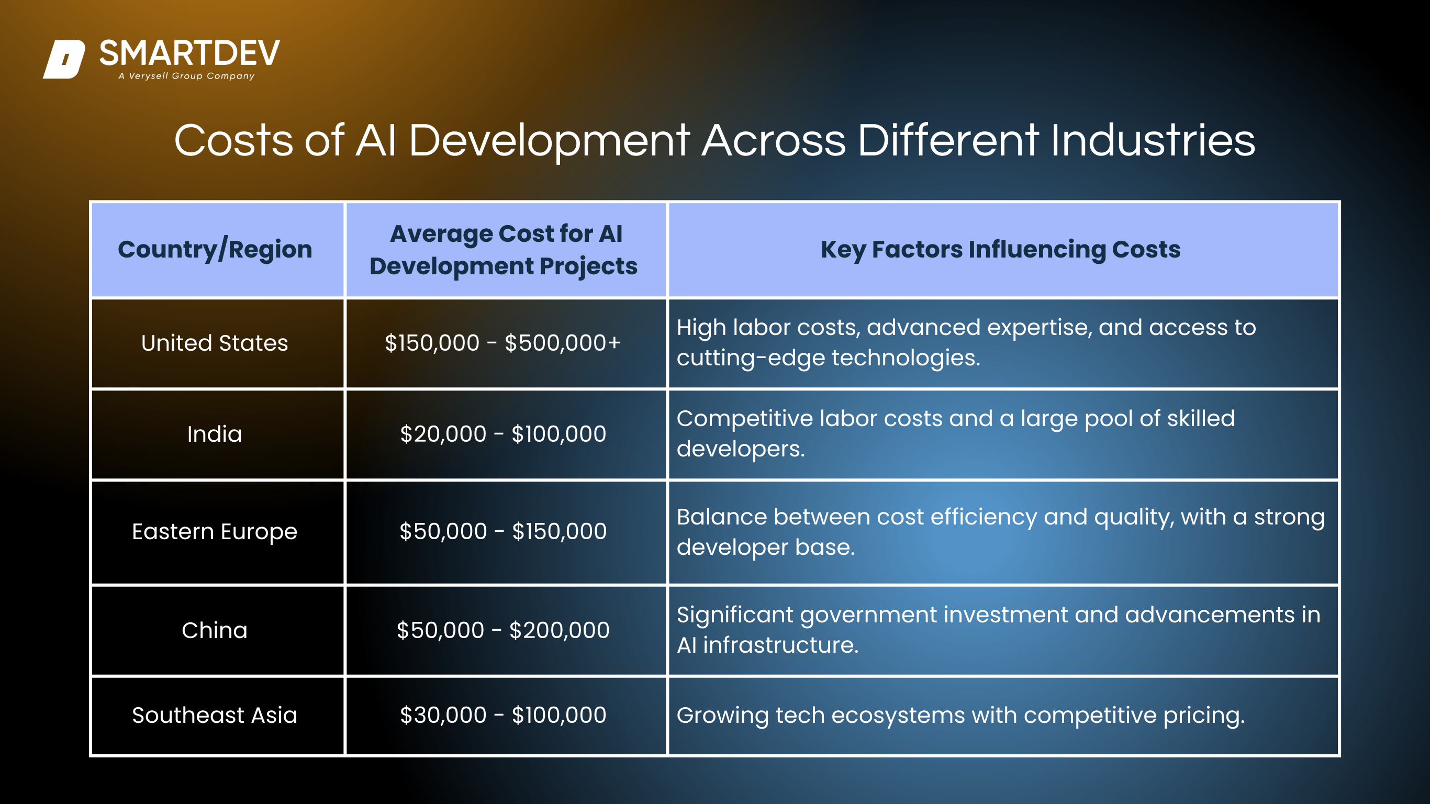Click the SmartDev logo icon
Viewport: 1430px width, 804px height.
pyautogui.click(x=64, y=59)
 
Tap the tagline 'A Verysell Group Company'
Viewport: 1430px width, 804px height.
pyautogui.click(x=186, y=76)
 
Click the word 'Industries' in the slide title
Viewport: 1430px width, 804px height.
pyautogui.click(x=1153, y=140)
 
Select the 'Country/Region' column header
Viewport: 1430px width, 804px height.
pyautogui.click(x=215, y=249)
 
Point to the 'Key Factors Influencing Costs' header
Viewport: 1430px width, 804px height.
pyautogui.click(x=1000, y=249)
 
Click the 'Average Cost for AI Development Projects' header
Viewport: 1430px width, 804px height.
pyautogui.click(x=504, y=250)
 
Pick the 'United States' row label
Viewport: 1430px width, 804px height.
pyautogui.click(x=215, y=343)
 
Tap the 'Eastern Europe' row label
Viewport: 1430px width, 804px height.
pyautogui.click(x=215, y=532)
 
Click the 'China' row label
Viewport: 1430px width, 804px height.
pyautogui.click(x=215, y=630)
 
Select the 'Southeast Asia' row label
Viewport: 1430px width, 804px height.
pyautogui.click(x=215, y=715)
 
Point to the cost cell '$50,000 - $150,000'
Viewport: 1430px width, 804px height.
pyautogui.click(x=503, y=532)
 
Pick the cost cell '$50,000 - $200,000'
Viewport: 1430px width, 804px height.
pyautogui.click(x=503, y=630)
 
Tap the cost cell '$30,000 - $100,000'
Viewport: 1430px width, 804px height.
pyautogui.click(x=503, y=715)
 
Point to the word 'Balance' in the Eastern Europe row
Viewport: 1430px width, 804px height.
pyautogui.click(x=722, y=517)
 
